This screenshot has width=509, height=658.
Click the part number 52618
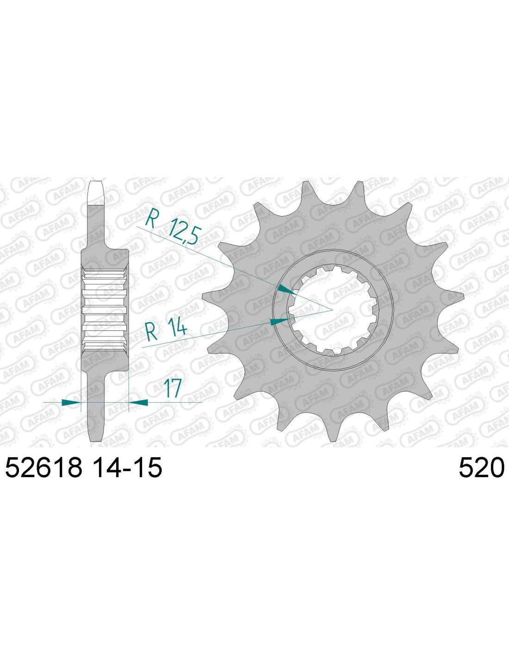[x=44, y=467]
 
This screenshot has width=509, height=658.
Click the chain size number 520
[x=481, y=467]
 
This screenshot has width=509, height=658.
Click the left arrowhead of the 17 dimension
[x=71, y=403]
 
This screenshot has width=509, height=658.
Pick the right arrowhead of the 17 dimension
[x=138, y=403]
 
